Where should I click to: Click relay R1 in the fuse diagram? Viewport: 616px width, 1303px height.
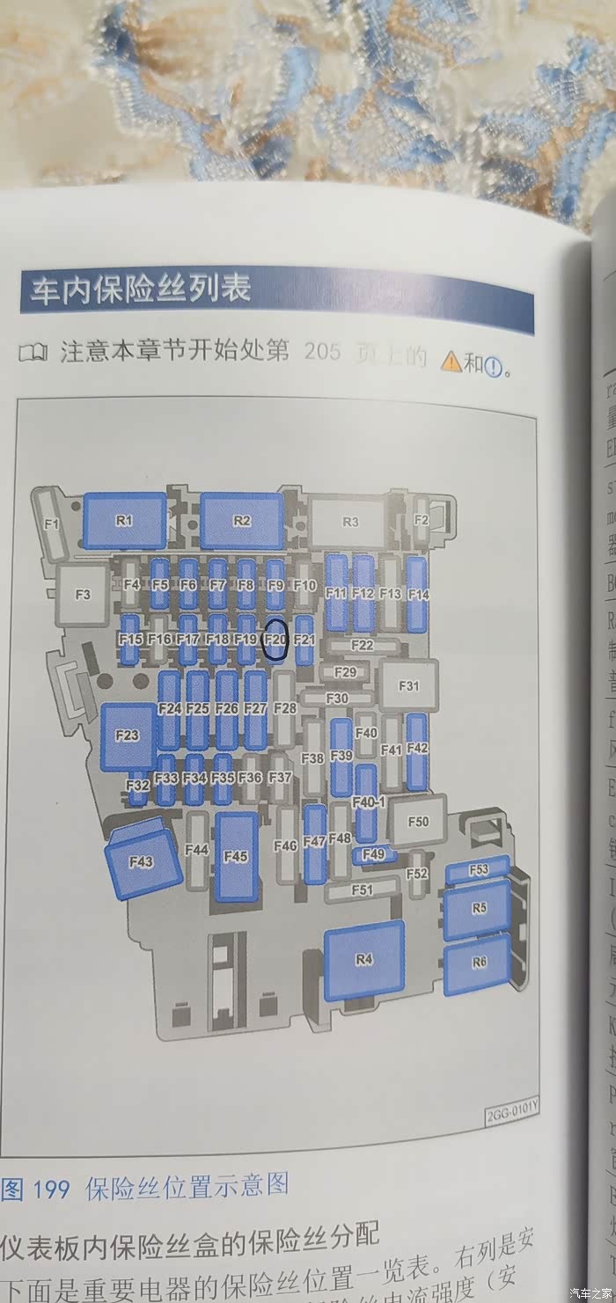tap(125, 521)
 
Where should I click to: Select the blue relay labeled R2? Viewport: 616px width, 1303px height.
tap(242, 521)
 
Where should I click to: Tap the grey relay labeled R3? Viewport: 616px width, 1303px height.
tap(350, 522)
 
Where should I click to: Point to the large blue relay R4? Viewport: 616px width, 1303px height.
tap(364, 960)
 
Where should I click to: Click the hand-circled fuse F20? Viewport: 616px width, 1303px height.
tap(275, 640)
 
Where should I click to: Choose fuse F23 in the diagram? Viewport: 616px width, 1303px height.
tap(128, 736)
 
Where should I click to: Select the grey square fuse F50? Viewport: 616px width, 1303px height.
tap(419, 821)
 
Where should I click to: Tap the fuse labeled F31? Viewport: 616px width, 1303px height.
tap(409, 686)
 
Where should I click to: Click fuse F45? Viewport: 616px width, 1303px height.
tap(236, 856)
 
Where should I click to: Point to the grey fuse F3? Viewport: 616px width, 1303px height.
tap(83, 595)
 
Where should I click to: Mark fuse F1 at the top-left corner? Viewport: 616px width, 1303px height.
tap(52, 525)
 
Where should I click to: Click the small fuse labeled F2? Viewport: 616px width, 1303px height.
tap(421, 521)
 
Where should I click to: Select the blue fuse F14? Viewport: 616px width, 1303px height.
tap(418, 594)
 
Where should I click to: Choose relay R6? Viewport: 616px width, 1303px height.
tap(478, 963)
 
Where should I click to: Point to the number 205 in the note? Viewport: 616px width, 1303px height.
tap(322, 354)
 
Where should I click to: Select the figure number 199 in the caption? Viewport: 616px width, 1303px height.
tap(51, 1190)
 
